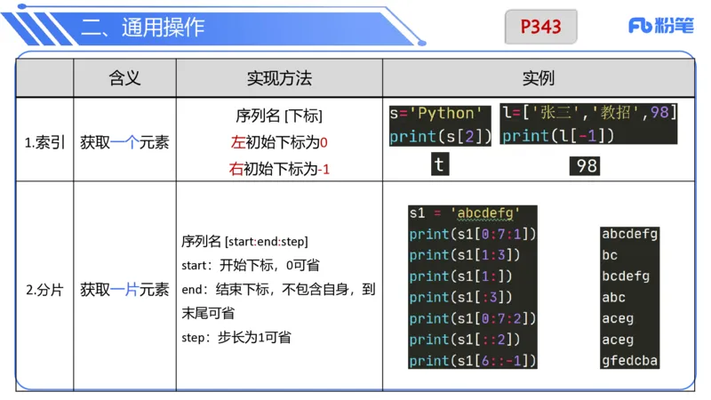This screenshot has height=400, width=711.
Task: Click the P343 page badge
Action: click(x=541, y=27)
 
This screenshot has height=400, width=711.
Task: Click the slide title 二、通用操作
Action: click(x=143, y=28)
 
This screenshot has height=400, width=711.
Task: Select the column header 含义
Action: click(x=124, y=78)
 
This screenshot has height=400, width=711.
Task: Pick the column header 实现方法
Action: click(x=279, y=78)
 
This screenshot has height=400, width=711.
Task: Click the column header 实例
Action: click(x=539, y=78)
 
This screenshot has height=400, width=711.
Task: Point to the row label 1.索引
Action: click(x=44, y=142)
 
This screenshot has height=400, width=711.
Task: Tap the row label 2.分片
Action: click(x=44, y=290)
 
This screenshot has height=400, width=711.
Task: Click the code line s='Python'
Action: click(x=439, y=114)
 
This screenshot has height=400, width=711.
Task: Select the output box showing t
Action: click(x=439, y=164)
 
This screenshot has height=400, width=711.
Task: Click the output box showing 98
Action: click(x=586, y=165)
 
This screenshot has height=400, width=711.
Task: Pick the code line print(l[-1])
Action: click(x=558, y=135)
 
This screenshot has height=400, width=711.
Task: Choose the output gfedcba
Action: click(x=630, y=361)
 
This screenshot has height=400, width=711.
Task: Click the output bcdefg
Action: click(x=626, y=276)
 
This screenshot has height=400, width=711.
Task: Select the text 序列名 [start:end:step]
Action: click(x=244, y=242)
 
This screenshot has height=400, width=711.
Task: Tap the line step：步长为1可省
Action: click(x=236, y=338)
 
